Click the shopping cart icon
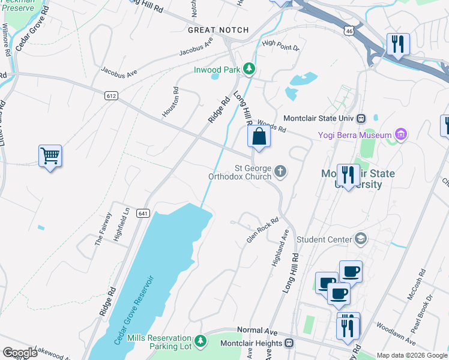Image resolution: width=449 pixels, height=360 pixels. [x=50, y=157]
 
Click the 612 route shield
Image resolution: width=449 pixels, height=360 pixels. [x=110, y=95]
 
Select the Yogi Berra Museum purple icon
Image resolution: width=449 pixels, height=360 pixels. [x=401, y=135]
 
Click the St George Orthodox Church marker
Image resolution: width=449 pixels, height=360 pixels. [x=280, y=173]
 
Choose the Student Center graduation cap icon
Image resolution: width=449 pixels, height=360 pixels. [x=360, y=239]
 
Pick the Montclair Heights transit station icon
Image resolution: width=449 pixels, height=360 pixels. [x=289, y=343]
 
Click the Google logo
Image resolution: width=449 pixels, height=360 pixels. [x=20, y=353]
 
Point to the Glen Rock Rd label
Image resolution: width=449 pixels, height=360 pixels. [x=263, y=230]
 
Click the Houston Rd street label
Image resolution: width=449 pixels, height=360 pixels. [x=170, y=101]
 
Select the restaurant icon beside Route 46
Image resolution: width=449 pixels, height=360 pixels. [x=398, y=44]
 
